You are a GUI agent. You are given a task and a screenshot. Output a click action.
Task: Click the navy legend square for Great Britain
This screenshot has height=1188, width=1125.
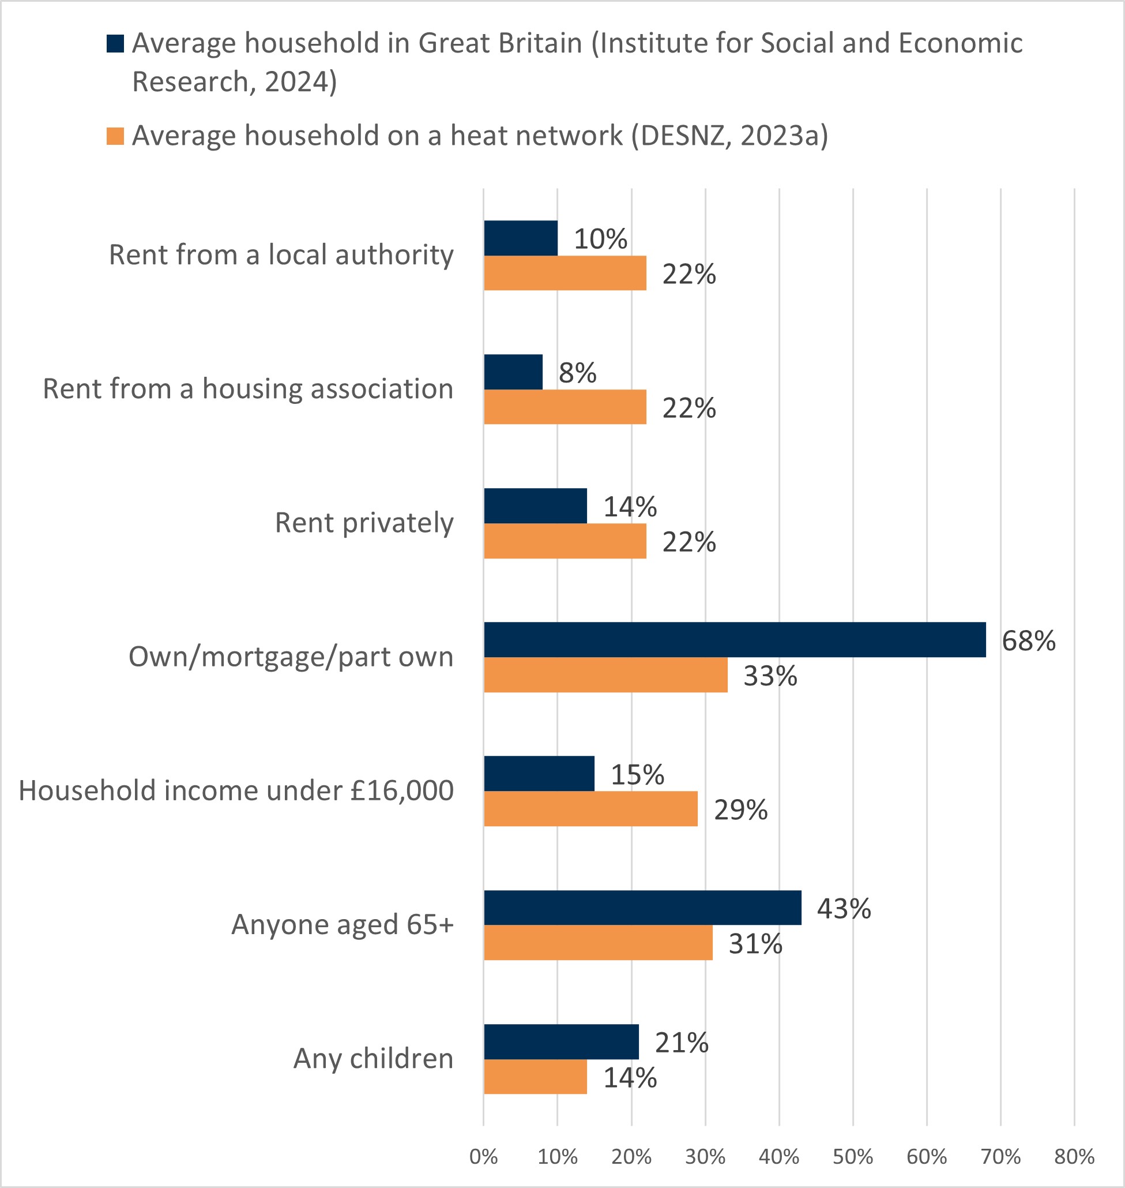coord(115,44)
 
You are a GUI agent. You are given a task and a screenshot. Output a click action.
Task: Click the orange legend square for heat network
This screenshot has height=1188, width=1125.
coord(115,136)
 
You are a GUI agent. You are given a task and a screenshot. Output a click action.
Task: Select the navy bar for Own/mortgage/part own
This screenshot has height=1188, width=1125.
coord(735,640)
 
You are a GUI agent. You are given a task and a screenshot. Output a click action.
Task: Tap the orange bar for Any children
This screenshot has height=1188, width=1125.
coord(536,1077)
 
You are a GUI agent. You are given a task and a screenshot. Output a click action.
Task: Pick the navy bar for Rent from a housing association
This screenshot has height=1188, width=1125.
coord(513,372)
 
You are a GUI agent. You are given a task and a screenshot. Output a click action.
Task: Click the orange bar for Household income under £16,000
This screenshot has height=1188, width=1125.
coord(590,809)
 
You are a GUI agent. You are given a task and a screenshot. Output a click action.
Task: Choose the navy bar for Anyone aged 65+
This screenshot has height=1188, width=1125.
coord(642,908)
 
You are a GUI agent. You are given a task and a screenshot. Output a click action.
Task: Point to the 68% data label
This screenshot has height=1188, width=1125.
coord(1029,641)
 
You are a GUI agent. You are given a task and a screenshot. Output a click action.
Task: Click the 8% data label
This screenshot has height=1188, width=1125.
coord(577,373)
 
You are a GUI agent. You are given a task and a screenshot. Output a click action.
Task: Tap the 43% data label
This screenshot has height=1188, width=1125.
coord(844,908)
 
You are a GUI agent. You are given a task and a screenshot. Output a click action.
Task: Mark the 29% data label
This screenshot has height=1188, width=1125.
coord(740,810)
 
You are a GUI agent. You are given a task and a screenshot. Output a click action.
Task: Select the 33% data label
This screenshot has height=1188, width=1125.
coord(770,676)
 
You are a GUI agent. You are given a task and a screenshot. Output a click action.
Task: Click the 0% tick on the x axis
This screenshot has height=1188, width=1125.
coord(483,1156)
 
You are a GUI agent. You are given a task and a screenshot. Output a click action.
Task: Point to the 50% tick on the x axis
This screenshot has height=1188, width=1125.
coord(853,1156)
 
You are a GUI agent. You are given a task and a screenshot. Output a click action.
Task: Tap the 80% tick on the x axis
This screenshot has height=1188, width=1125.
coord(1074,1156)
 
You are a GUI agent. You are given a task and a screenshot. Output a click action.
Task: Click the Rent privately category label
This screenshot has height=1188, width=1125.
coord(364,523)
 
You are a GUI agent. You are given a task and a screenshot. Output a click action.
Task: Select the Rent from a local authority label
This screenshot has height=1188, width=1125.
coord(281,254)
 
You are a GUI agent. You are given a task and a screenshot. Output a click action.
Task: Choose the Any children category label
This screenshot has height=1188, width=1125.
coord(373,1059)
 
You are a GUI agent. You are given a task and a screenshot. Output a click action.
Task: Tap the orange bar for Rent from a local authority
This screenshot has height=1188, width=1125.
coord(565,273)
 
